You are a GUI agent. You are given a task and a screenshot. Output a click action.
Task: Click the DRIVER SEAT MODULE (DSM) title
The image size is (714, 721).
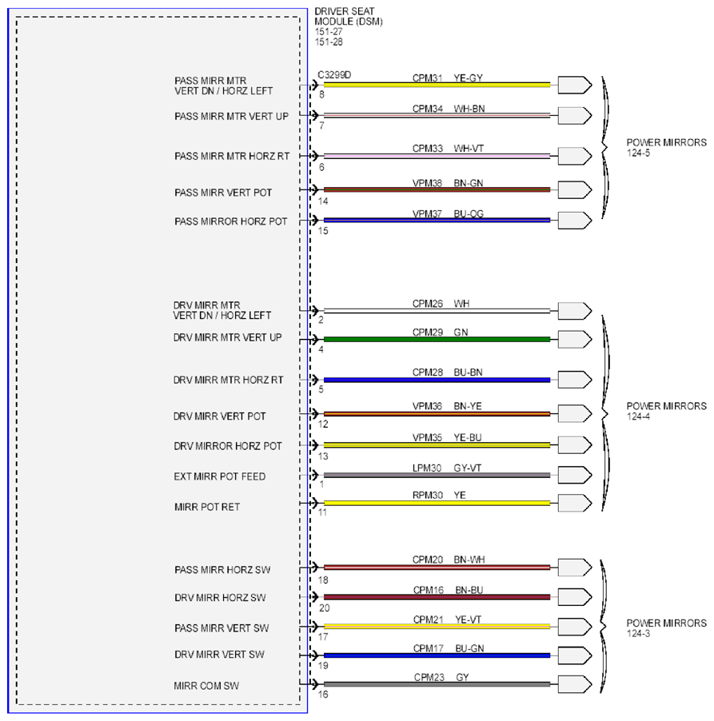coord(349,16)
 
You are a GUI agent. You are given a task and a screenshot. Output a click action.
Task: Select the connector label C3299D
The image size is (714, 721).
coord(334,75)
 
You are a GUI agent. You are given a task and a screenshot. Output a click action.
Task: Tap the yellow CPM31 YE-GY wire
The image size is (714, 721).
coord(437,85)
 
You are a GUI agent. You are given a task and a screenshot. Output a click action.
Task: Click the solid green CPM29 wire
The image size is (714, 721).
coord(437,340)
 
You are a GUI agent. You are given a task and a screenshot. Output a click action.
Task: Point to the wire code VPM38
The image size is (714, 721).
coord(427,183)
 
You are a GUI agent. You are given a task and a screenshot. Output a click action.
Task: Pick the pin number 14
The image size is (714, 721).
coord(323,201)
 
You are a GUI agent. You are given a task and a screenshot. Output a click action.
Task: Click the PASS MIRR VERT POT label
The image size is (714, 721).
coord(223,193)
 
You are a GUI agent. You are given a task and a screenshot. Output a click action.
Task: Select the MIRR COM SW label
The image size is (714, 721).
coord(206,686)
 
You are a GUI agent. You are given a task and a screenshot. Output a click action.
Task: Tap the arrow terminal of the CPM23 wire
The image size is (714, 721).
coord(575,684)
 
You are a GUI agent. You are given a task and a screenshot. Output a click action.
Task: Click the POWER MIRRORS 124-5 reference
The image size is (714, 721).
coord(666,148)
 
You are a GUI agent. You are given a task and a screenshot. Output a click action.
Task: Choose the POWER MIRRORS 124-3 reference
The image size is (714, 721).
coord(666,628)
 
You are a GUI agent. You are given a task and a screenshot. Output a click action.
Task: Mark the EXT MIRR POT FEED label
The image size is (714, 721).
coord(220,476)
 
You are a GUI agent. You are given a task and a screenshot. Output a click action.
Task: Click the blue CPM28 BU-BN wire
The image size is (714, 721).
coord(437,380)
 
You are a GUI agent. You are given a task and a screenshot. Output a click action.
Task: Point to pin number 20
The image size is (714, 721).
coord(325,607)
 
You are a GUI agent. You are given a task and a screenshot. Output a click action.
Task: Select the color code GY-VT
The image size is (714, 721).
coord(468,468)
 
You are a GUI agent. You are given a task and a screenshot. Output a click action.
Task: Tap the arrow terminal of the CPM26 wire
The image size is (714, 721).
coord(575,311)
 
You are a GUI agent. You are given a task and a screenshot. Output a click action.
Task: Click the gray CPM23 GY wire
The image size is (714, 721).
coord(437,684)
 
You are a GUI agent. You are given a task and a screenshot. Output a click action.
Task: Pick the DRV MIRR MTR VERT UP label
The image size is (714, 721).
coord(227,337)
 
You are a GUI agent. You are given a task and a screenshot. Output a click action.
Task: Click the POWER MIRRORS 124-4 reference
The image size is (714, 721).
coord(666,411)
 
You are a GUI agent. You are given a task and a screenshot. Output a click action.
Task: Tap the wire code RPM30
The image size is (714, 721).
coord(428,496)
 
